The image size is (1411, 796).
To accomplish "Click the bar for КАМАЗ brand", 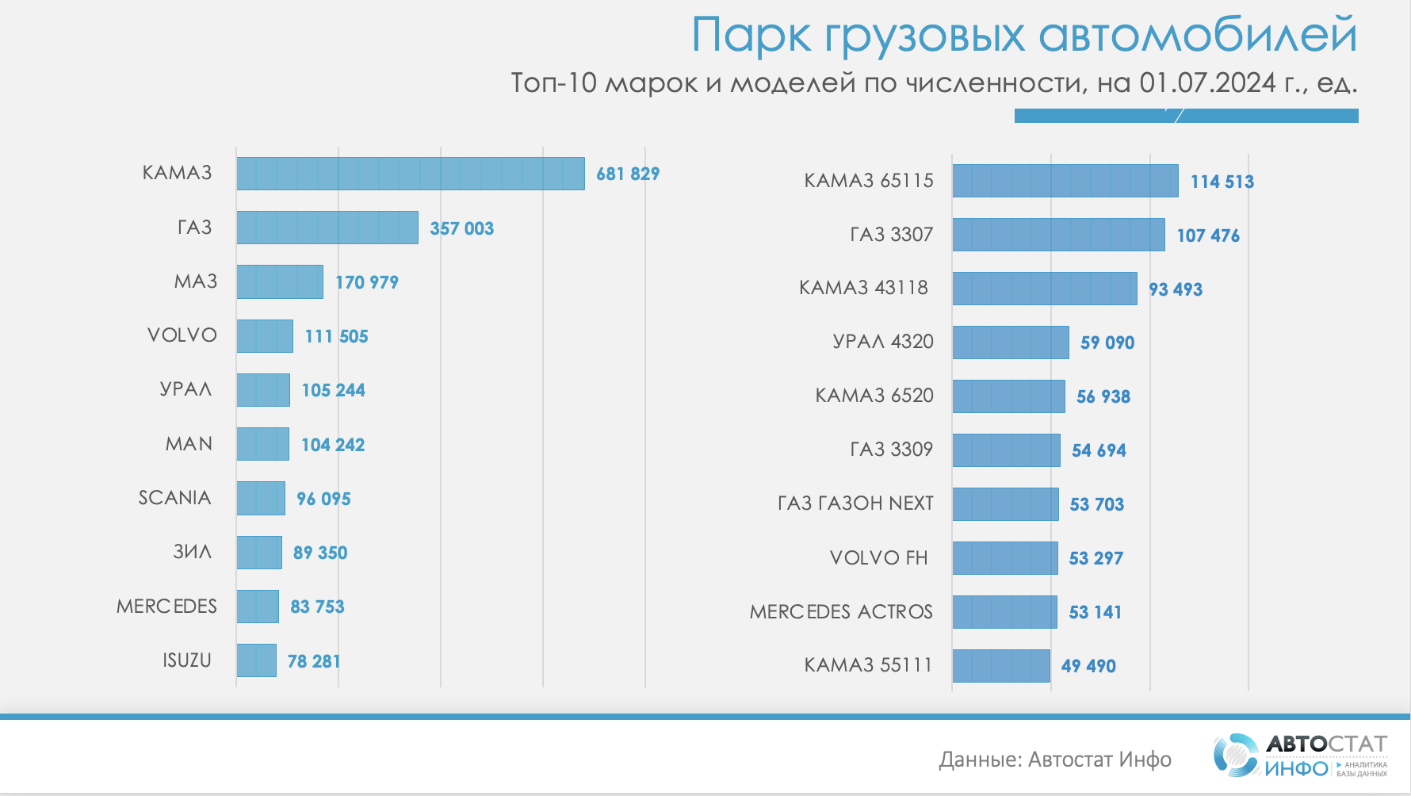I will [x=410, y=174].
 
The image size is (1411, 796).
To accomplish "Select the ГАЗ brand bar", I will [x=327, y=228].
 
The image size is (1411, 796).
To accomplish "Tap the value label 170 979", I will [x=366, y=282].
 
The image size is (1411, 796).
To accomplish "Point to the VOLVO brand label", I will [x=182, y=335].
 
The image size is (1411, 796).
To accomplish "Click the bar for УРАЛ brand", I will [x=263, y=390].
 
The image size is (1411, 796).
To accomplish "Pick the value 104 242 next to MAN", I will [x=333, y=445].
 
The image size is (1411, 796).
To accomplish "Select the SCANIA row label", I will [x=174, y=498].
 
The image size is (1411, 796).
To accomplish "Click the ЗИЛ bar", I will [x=259, y=553].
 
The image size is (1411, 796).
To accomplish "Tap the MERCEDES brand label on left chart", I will [x=166, y=607].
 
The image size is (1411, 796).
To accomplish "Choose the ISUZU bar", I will [x=256, y=660].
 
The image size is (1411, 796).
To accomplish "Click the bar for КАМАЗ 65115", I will [x=1065, y=181].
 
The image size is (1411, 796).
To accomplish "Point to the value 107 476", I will [x=1208, y=235].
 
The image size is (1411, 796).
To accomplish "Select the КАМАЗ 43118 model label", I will [x=863, y=288].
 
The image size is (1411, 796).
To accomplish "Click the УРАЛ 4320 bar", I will [x=1010, y=343].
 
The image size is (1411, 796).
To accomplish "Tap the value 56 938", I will [x=1103, y=396].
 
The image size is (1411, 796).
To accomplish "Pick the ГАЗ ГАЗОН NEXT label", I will [x=855, y=503].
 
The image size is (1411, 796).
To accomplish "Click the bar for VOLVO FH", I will [x=1004, y=558].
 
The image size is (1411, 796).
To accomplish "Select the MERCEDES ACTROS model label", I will [x=841, y=612].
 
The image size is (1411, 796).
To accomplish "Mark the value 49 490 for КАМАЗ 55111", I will [x=1088, y=666].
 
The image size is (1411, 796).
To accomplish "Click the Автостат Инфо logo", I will [x=1300, y=756].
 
